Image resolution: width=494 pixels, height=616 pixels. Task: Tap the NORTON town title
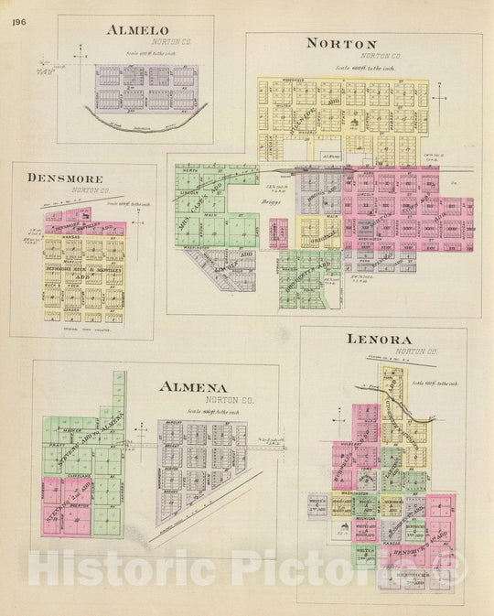pyautogui.click(x=341, y=43)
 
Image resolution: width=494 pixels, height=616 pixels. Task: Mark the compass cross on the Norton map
pyautogui.click(x=440, y=97)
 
